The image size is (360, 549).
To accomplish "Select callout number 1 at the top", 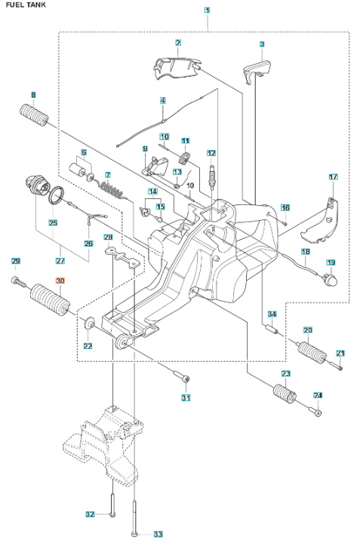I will point(208,11).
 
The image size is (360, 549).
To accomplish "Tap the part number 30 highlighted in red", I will point(61,281).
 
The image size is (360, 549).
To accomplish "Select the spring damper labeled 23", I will point(283,394).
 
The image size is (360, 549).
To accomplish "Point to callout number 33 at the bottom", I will point(158,534).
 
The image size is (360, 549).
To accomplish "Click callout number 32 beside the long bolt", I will point(90,514).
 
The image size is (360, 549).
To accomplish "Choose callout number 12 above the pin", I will point(211,153).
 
